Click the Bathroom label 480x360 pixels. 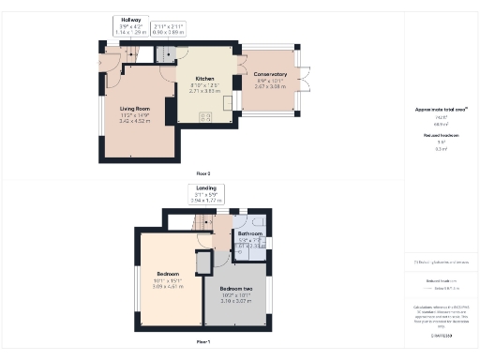point(250,233)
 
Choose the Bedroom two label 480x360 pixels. point(236,288)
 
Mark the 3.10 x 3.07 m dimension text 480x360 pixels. point(236,301)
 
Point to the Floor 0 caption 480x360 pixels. point(202,173)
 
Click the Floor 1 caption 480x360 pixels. point(202,342)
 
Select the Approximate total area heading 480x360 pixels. point(442,109)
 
